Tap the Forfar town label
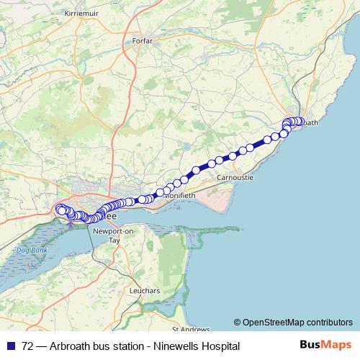point(143,42)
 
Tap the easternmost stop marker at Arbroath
point(301,122)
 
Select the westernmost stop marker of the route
point(59,210)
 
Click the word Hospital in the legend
point(220,346)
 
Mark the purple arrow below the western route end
point(70,224)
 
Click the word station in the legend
point(125,346)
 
